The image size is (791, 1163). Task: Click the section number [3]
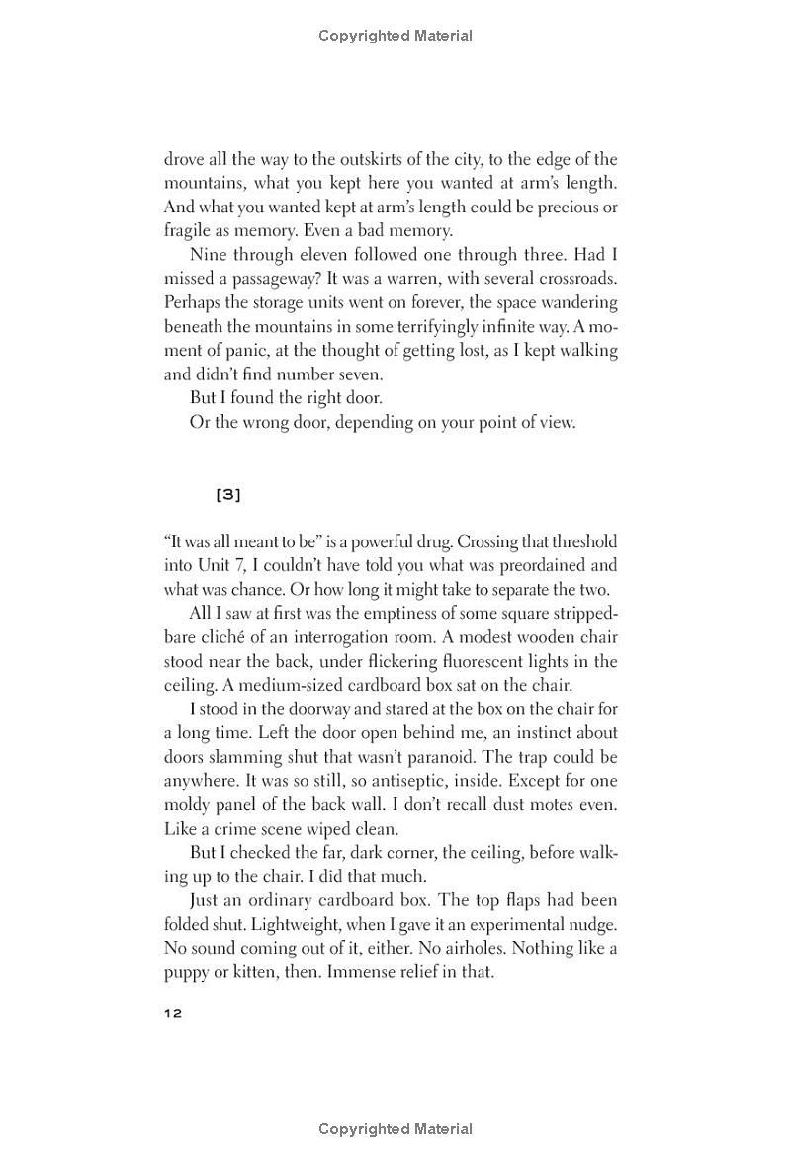tap(227, 494)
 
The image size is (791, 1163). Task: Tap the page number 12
tap(173, 1013)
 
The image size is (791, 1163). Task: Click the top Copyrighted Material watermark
tap(395, 36)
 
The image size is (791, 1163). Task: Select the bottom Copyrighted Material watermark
tap(395, 1128)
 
